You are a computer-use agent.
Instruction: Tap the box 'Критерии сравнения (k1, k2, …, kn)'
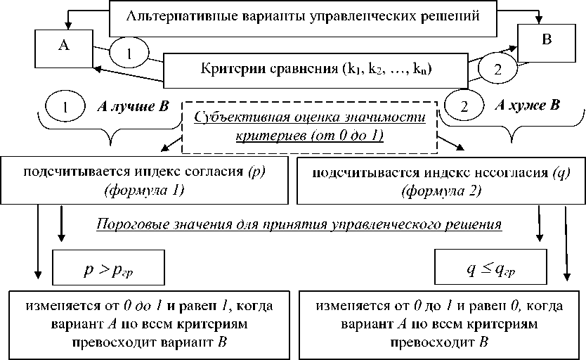pos(315,69)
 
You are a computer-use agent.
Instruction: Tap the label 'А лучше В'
pos(133,106)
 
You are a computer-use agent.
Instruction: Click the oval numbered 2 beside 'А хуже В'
pos(463,107)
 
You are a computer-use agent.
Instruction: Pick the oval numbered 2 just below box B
pos(498,70)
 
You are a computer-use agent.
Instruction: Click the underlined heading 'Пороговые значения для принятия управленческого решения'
pos(298,225)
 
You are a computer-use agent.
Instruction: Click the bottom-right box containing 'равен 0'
pos(440,324)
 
